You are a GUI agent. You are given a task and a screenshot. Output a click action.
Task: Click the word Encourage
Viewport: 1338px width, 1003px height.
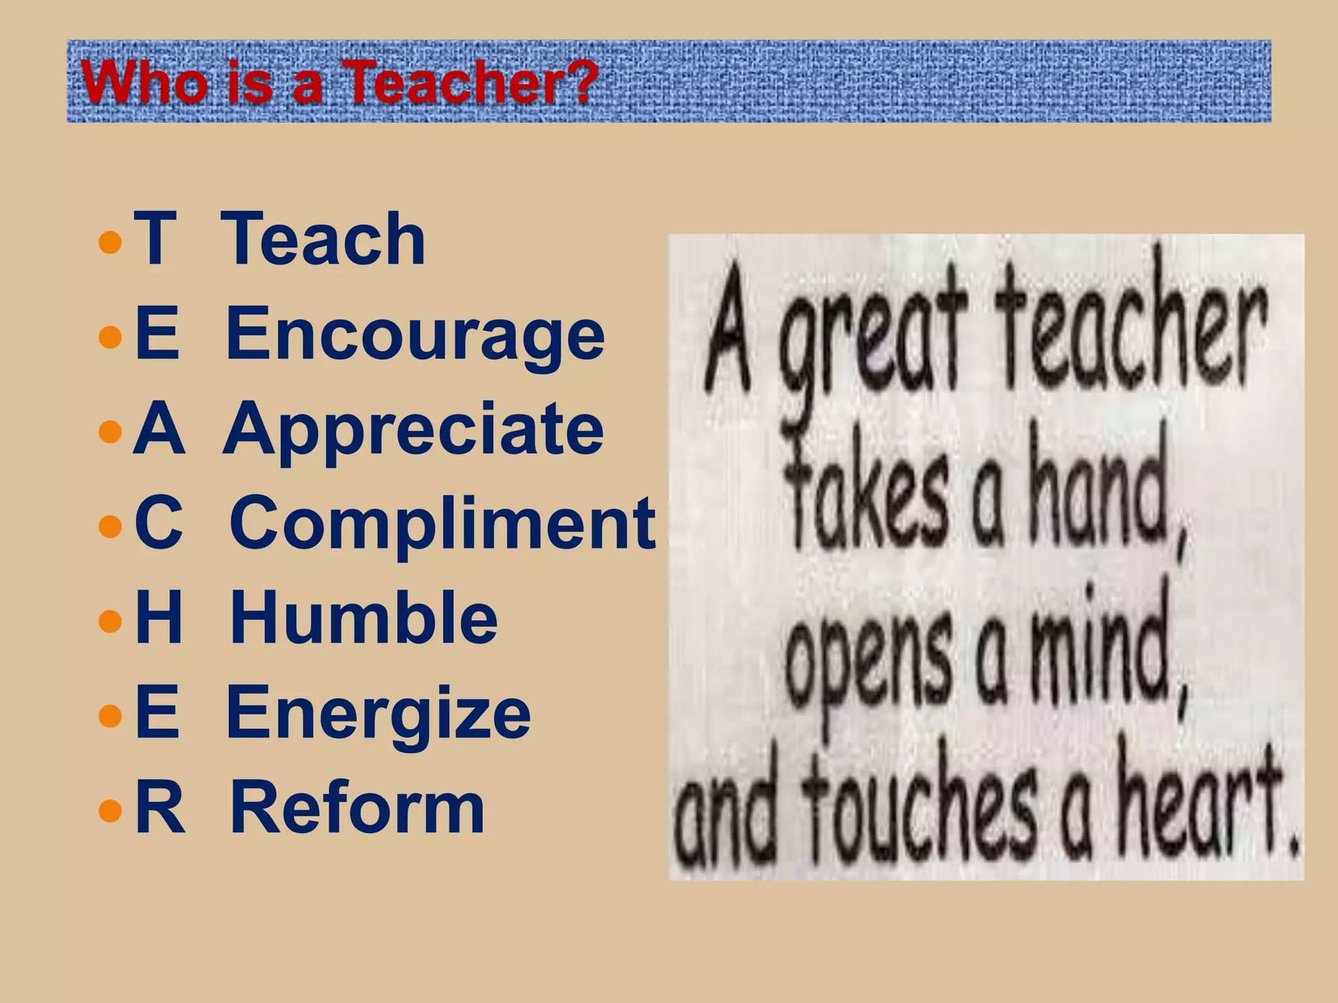pyautogui.click(x=415, y=334)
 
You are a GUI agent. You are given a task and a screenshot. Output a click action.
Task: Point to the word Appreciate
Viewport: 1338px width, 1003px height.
pyautogui.click(x=413, y=430)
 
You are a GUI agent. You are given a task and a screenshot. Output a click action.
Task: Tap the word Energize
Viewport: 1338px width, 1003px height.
pyautogui.click(x=378, y=713)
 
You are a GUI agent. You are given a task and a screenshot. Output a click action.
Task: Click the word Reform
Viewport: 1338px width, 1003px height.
pyautogui.click(x=357, y=808)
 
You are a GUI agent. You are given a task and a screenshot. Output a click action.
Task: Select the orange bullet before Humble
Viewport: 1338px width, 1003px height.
pyautogui.click(x=110, y=621)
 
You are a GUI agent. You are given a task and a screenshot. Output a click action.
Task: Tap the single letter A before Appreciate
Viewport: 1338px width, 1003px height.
pyautogui.click(x=158, y=430)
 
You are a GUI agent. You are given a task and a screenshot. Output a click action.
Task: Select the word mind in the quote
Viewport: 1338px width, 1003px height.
pyautogui.click(x=1104, y=653)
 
